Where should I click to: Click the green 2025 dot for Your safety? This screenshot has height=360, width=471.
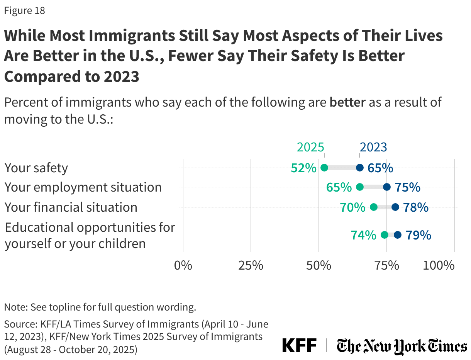pos(324,168)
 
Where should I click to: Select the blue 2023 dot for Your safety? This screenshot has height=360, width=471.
pos(360,168)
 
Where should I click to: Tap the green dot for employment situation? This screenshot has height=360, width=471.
pos(360,187)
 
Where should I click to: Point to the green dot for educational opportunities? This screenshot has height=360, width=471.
pos(385,235)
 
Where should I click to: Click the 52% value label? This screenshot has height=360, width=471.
pos(304,168)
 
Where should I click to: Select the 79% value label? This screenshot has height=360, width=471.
pos(418,235)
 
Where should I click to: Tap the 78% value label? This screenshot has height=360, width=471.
pos(416,207)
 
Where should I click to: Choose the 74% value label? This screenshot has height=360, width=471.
pos(363,235)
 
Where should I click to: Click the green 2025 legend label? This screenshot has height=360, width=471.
pos(310,147)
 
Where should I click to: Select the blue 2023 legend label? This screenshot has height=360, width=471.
pos(373,147)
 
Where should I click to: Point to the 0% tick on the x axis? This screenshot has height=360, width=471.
pos(183,266)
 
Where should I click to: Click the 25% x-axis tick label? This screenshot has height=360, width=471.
pos(251,266)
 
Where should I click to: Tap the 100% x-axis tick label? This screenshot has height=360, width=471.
pos(438,266)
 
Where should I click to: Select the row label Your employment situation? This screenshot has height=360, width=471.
pos(83,187)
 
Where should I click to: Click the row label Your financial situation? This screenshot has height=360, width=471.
pos(71,207)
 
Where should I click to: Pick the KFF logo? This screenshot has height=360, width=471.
pos(299,345)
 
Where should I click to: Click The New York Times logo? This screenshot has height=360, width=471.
pos(402,346)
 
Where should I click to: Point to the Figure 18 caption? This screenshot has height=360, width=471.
pos(25,11)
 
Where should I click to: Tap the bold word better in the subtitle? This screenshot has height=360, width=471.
pos(347,103)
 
